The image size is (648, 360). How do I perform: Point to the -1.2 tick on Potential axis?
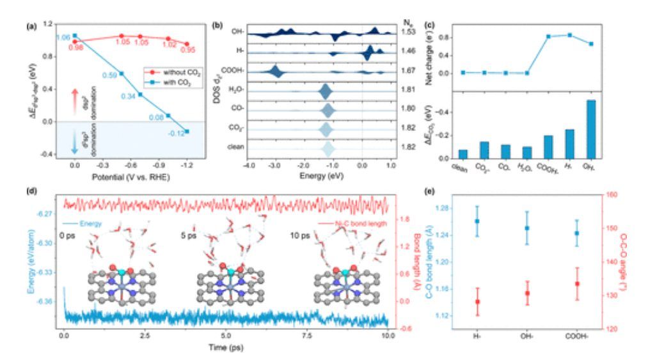tap(187, 164)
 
